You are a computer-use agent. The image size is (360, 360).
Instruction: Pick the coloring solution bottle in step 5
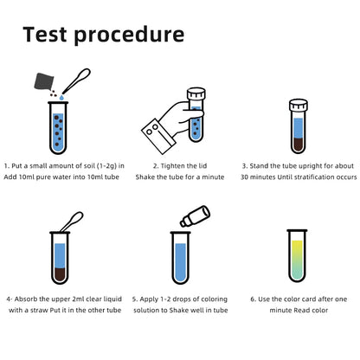tap(195, 215)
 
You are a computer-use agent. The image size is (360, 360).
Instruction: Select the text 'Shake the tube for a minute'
tap(180, 177)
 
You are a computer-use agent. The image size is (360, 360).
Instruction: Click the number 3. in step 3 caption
tap(246, 164)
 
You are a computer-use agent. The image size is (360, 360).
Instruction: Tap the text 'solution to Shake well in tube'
tap(180, 310)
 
